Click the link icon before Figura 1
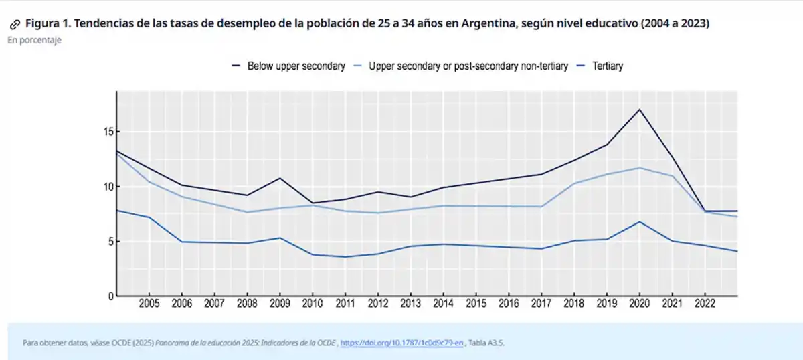(x=15, y=24)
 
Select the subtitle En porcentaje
(x=35, y=41)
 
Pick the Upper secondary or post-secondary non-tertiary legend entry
(x=468, y=66)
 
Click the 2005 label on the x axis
(x=149, y=304)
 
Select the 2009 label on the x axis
(x=280, y=304)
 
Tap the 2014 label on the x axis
(x=443, y=304)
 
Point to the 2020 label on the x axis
(x=640, y=304)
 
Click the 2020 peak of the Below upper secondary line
(x=640, y=109)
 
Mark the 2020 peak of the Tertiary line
(x=640, y=221)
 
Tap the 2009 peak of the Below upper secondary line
(x=280, y=178)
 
